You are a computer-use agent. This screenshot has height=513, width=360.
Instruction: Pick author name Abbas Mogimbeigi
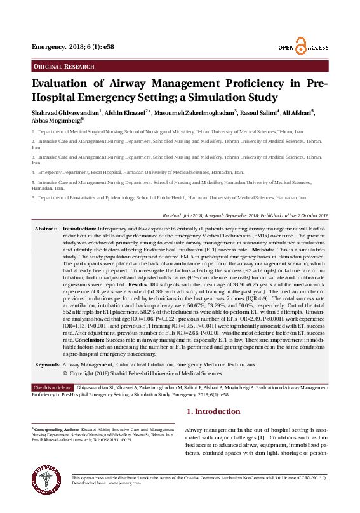57,121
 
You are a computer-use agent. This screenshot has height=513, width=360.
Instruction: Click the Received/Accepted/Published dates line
246,216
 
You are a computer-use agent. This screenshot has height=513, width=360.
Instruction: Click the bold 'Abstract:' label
46,228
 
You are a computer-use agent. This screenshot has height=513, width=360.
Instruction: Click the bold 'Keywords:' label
47,365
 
